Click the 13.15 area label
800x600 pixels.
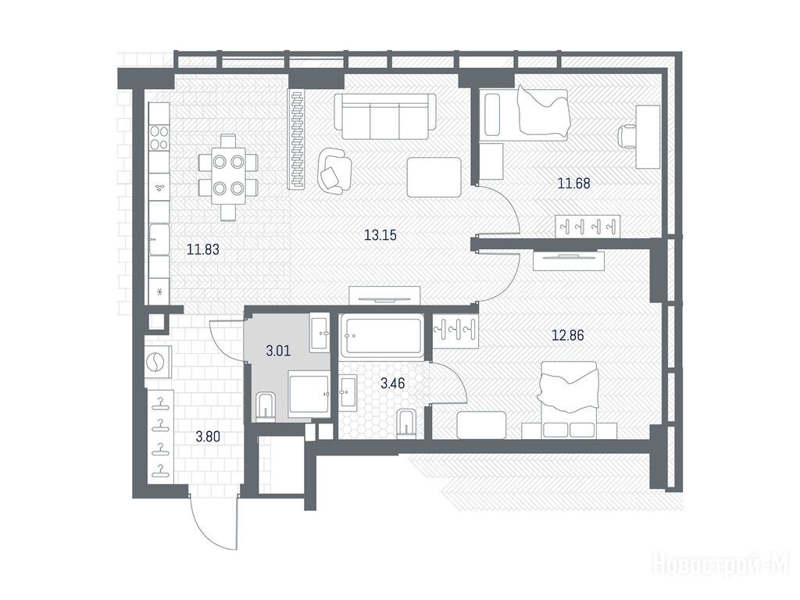click(x=380, y=235)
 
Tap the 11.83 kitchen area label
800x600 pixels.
click(x=203, y=249)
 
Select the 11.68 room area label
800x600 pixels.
click(x=574, y=183)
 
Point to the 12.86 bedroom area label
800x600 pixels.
click(x=568, y=335)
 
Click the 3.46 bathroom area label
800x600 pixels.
click(x=393, y=383)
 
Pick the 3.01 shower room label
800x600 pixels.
click(x=279, y=351)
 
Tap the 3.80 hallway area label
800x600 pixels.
click(x=208, y=437)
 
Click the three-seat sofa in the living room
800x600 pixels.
click(x=385, y=117)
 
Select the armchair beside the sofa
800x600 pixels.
click(x=334, y=171)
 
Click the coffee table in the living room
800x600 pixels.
click(x=434, y=177)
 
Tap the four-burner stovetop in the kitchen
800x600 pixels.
click(x=159, y=137)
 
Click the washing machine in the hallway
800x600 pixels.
click(x=157, y=362)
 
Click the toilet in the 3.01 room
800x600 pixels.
click(x=266, y=406)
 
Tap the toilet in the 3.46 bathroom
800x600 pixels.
click(x=406, y=423)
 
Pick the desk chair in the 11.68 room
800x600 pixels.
click(x=626, y=137)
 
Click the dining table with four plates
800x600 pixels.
click(x=228, y=177)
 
